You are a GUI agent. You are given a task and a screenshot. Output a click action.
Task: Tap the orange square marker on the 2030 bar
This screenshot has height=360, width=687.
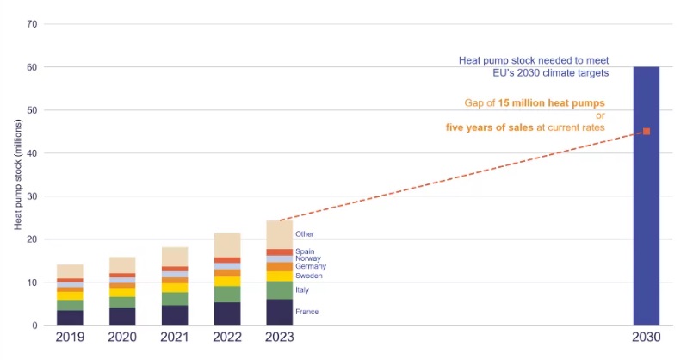point(647,132)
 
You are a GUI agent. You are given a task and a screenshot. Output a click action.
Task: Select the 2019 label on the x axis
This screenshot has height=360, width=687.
point(70,337)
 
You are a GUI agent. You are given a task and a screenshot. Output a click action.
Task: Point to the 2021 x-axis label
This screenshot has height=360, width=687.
point(175,337)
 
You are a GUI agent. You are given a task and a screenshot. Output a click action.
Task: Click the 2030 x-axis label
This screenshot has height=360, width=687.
point(647,337)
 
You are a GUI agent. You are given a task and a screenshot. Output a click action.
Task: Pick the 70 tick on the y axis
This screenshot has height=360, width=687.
point(32,24)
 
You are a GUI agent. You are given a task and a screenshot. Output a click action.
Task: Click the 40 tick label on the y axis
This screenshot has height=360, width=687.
point(32,153)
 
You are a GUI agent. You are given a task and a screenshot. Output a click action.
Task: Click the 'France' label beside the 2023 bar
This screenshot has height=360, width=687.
point(306,312)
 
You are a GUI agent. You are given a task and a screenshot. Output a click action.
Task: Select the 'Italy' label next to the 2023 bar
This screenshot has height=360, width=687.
point(303,290)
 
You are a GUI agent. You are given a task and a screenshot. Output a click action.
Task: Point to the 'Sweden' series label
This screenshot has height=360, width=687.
point(308,276)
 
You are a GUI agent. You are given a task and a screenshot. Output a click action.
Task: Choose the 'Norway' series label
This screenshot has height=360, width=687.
point(308,258)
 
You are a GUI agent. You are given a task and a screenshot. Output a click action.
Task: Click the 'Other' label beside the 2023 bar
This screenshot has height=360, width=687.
point(305,233)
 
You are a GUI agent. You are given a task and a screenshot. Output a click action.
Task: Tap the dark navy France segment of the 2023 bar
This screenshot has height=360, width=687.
point(280,312)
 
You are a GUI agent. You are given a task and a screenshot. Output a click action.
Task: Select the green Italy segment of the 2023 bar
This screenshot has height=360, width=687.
point(280,290)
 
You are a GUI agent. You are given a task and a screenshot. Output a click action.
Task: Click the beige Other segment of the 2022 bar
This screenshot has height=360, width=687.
point(227,245)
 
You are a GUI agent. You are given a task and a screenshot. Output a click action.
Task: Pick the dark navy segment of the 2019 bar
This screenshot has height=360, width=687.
point(70,317)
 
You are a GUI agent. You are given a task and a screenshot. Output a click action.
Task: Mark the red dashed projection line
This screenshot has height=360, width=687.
point(465,176)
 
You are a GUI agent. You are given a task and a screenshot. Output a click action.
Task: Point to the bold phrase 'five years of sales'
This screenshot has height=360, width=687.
point(486,127)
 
